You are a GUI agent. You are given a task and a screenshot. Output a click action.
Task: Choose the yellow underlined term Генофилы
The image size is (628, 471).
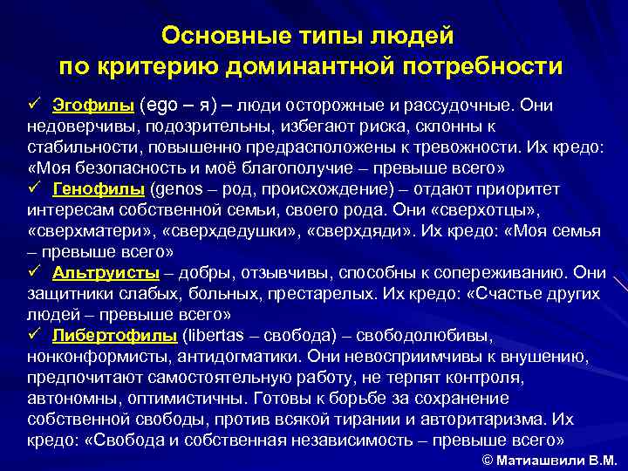pos(99,189)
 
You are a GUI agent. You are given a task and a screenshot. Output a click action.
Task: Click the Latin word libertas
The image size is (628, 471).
pos(215,336)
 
